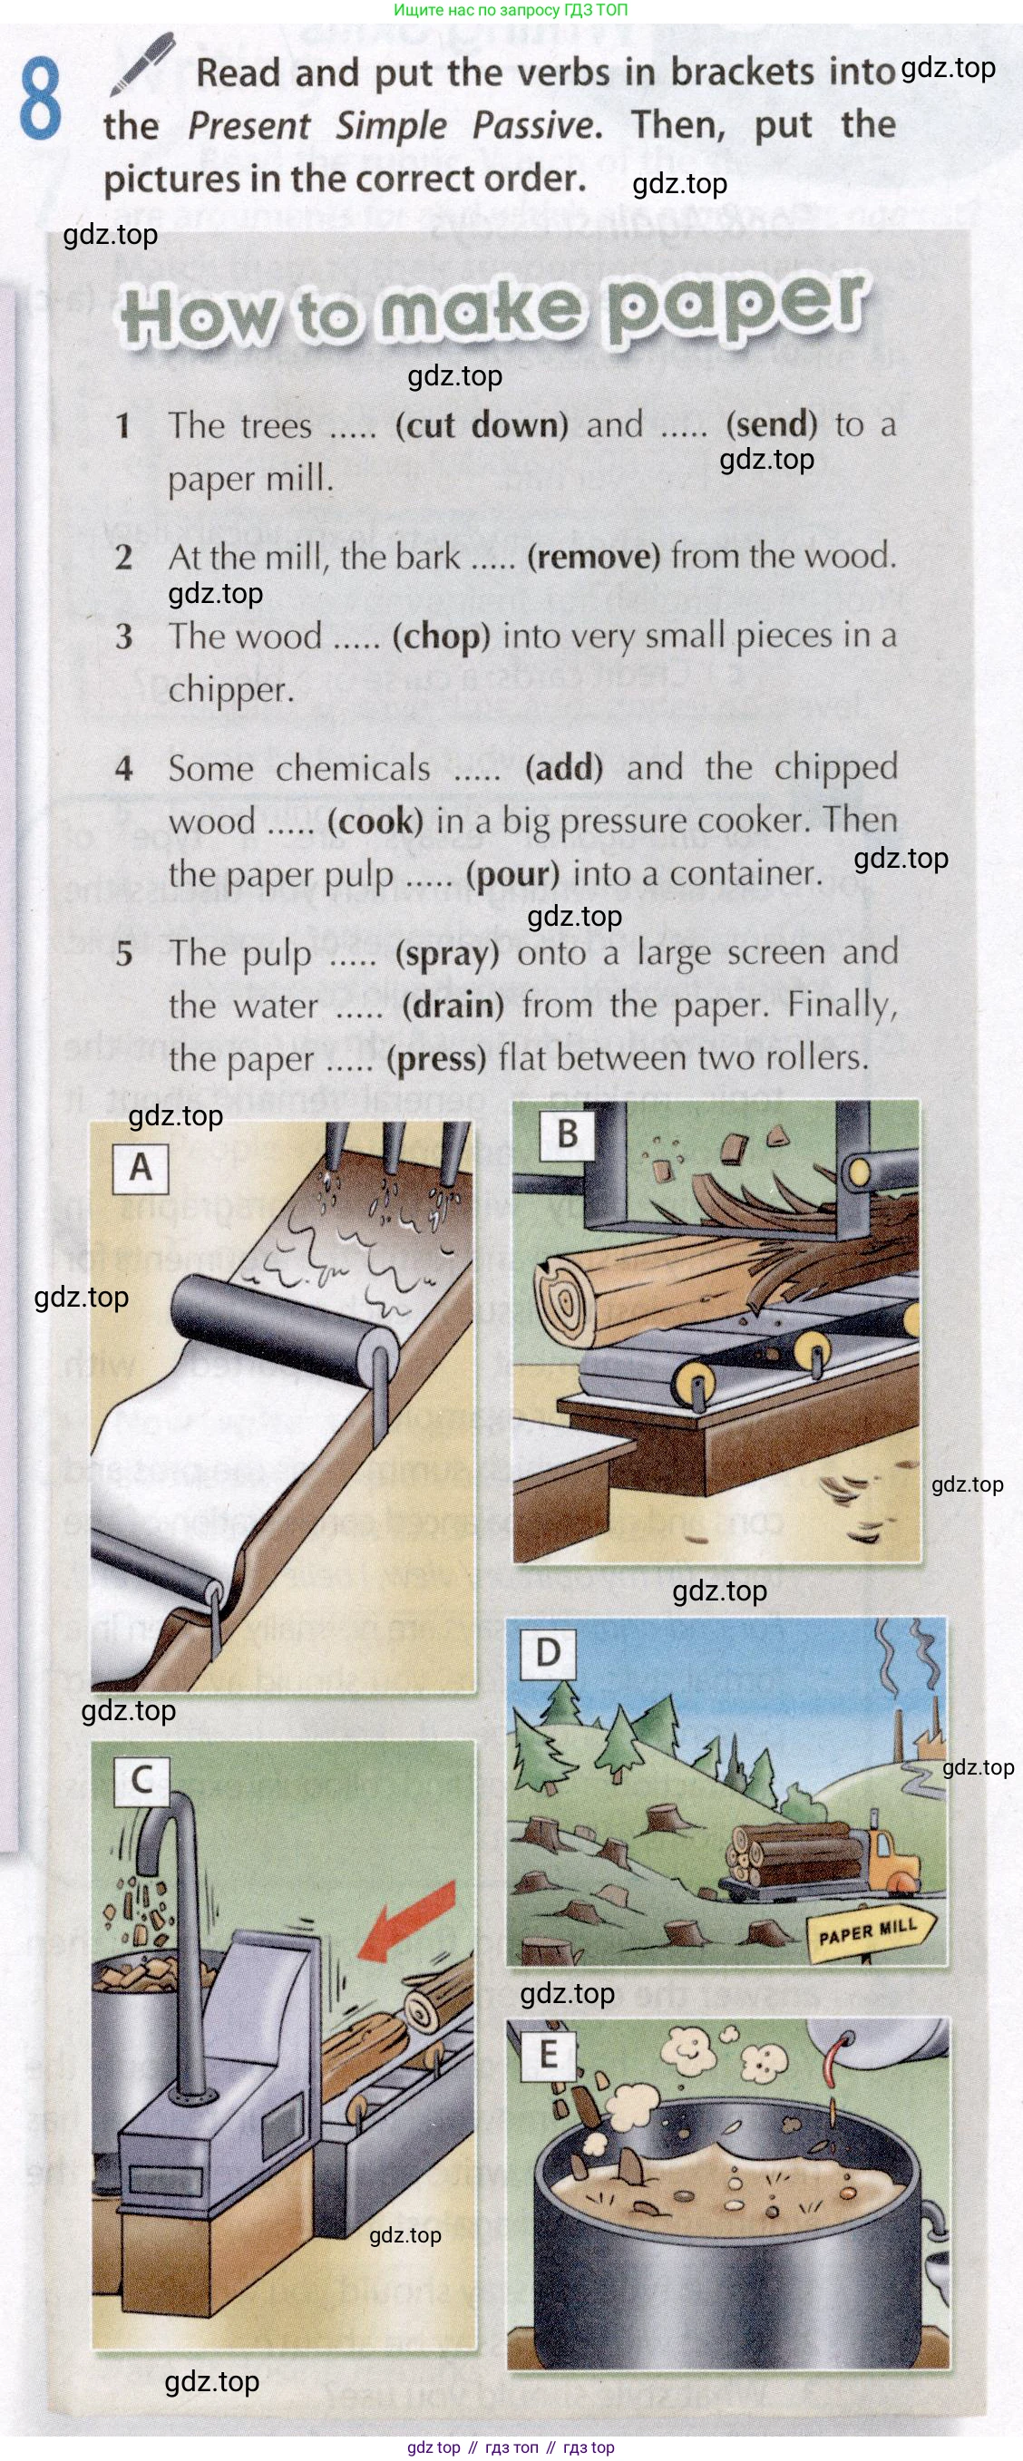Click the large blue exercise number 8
pyautogui.click(x=40, y=99)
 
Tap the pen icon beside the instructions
pyautogui.click(x=142, y=63)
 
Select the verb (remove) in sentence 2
pyautogui.click(x=593, y=556)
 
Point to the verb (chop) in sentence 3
pyautogui.click(x=441, y=637)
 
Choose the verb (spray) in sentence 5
pyautogui.click(x=447, y=953)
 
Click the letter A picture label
pyautogui.click(x=141, y=1167)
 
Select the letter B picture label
pyautogui.click(x=568, y=1135)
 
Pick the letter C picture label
pyautogui.click(x=141, y=1780)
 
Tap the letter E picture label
pyautogui.click(x=549, y=2053)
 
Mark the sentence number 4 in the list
pyautogui.click(x=124, y=768)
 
